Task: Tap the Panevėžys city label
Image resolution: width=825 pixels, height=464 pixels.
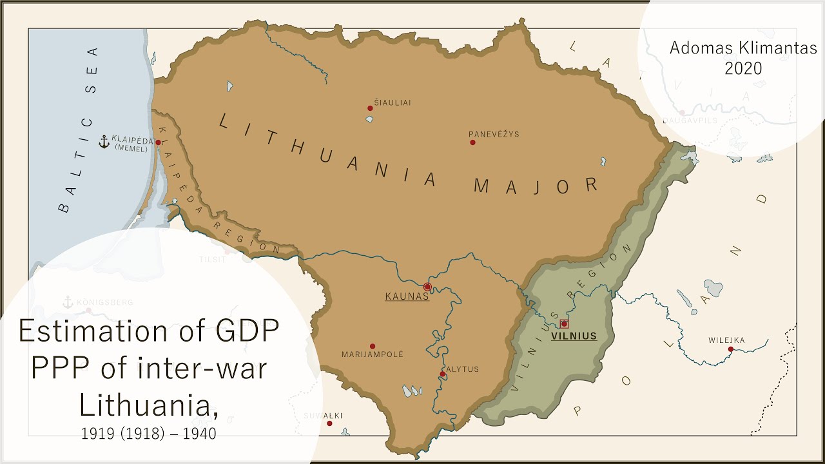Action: [x=494, y=134]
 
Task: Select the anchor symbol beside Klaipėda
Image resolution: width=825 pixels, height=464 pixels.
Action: [x=103, y=142]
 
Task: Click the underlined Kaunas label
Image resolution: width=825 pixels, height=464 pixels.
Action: [x=407, y=296]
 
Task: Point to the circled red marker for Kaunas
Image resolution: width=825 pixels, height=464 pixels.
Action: [x=427, y=287]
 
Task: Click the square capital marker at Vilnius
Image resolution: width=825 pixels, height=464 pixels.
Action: [x=564, y=324]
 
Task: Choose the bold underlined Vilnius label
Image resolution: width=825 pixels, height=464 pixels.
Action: [x=574, y=336]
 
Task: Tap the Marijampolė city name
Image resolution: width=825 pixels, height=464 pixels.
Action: [x=372, y=354]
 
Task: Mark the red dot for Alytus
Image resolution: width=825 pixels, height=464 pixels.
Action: [x=442, y=374]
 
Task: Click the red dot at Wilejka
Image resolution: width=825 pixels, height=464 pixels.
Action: [x=731, y=349]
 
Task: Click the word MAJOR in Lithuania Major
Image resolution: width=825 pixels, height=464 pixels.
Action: [x=536, y=186]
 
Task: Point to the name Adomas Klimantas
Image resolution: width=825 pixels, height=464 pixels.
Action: [x=743, y=48]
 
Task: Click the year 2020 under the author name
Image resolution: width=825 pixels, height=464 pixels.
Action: [x=743, y=68]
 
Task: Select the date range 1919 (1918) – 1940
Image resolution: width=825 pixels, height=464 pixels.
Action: [x=149, y=434]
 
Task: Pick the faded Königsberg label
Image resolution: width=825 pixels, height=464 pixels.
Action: [x=95, y=302]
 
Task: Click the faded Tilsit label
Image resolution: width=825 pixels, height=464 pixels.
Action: [x=213, y=259]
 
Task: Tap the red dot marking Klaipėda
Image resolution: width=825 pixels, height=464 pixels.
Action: [x=158, y=142]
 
